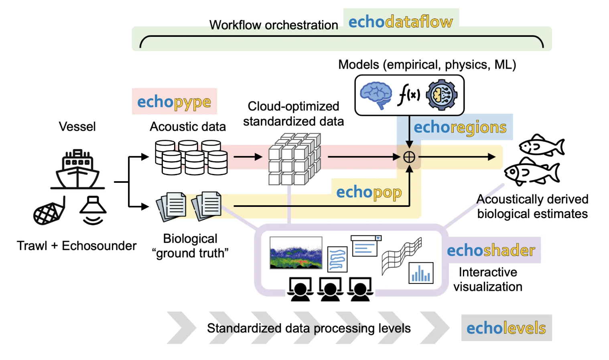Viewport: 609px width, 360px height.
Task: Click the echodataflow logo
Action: tap(400, 22)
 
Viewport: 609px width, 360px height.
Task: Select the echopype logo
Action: tap(174, 102)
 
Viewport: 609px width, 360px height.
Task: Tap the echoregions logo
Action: tap(460, 127)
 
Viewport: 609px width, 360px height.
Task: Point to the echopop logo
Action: tap(369, 192)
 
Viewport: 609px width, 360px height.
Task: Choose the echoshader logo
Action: tap(491, 250)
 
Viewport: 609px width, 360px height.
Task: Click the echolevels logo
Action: tap(506, 328)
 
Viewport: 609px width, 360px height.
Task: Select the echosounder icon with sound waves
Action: tap(93, 210)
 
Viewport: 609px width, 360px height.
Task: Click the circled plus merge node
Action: tap(409, 157)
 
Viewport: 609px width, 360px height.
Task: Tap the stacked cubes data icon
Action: tap(294, 160)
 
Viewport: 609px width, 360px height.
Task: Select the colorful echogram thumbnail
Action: tap(296, 253)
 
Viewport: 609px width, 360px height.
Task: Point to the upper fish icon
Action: tap(541, 146)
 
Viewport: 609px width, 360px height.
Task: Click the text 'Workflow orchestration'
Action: tap(274, 25)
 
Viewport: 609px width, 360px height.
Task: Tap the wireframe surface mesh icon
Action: tap(401, 255)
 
